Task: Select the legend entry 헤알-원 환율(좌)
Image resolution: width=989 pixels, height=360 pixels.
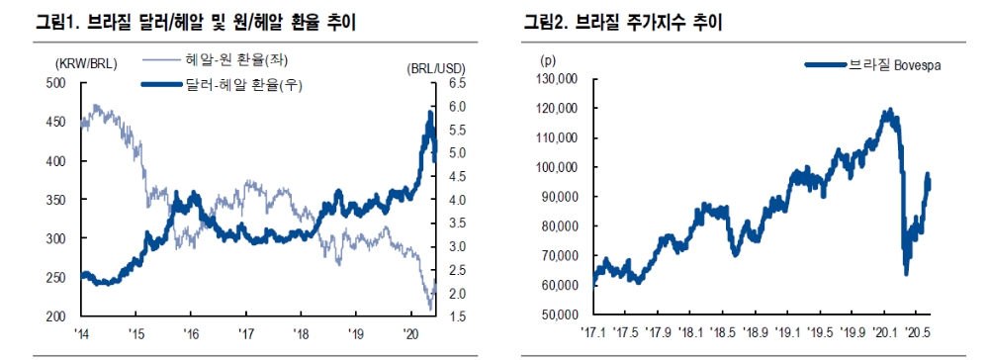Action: click(236, 61)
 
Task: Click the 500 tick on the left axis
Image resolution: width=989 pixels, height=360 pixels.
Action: click(58, 83)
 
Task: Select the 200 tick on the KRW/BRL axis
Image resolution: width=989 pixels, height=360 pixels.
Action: click(58, 316)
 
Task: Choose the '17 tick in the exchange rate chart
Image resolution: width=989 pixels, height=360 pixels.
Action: click(247, 333)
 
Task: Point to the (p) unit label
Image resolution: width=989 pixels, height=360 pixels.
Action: click(547, 60)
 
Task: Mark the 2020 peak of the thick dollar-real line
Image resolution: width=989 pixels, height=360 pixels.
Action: click(430, 114)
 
